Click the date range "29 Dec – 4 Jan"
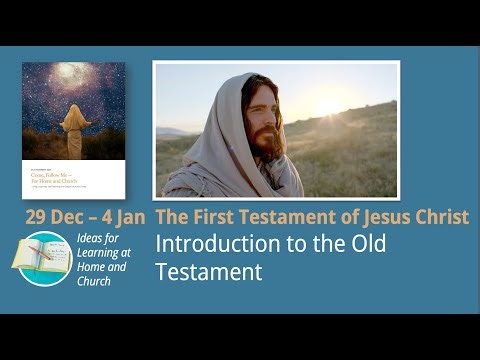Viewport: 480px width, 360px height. pyautogui.click(x=86, y=217)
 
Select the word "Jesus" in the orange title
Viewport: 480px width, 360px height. pyautogui.click(x=378, y=217)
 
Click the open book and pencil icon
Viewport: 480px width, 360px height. pyautogui.click(x=42, y=256)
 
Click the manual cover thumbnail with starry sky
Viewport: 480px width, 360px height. pyautogui.click(x=74, y=130)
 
